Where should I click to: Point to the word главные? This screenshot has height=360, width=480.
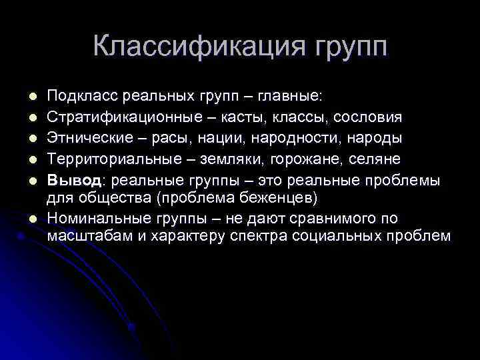[293, 98]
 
